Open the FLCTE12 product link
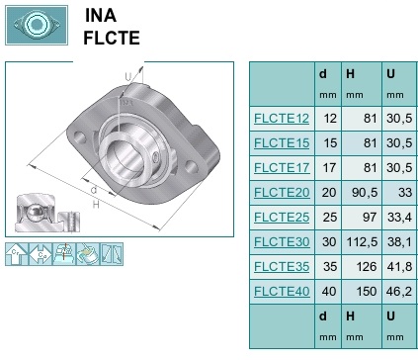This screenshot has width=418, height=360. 282,119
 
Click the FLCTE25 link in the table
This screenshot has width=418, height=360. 282,218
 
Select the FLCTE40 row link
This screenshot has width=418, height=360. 282,292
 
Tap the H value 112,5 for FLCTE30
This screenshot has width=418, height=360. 362,242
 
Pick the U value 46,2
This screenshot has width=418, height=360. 399,292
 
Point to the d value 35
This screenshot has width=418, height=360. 330,267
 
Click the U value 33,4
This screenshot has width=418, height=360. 399,218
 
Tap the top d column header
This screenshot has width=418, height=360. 323,74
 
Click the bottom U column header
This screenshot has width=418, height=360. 390,316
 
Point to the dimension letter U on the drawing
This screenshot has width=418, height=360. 127,77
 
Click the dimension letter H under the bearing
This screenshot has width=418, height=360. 96,205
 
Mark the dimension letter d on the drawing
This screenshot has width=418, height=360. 94,190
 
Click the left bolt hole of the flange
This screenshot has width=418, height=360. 80,137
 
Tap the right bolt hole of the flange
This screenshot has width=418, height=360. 192,166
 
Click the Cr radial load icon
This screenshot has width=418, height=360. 17,254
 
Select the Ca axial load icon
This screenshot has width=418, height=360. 41,254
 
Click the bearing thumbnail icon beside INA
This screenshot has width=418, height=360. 37,25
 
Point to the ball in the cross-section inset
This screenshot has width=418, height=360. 34,213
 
